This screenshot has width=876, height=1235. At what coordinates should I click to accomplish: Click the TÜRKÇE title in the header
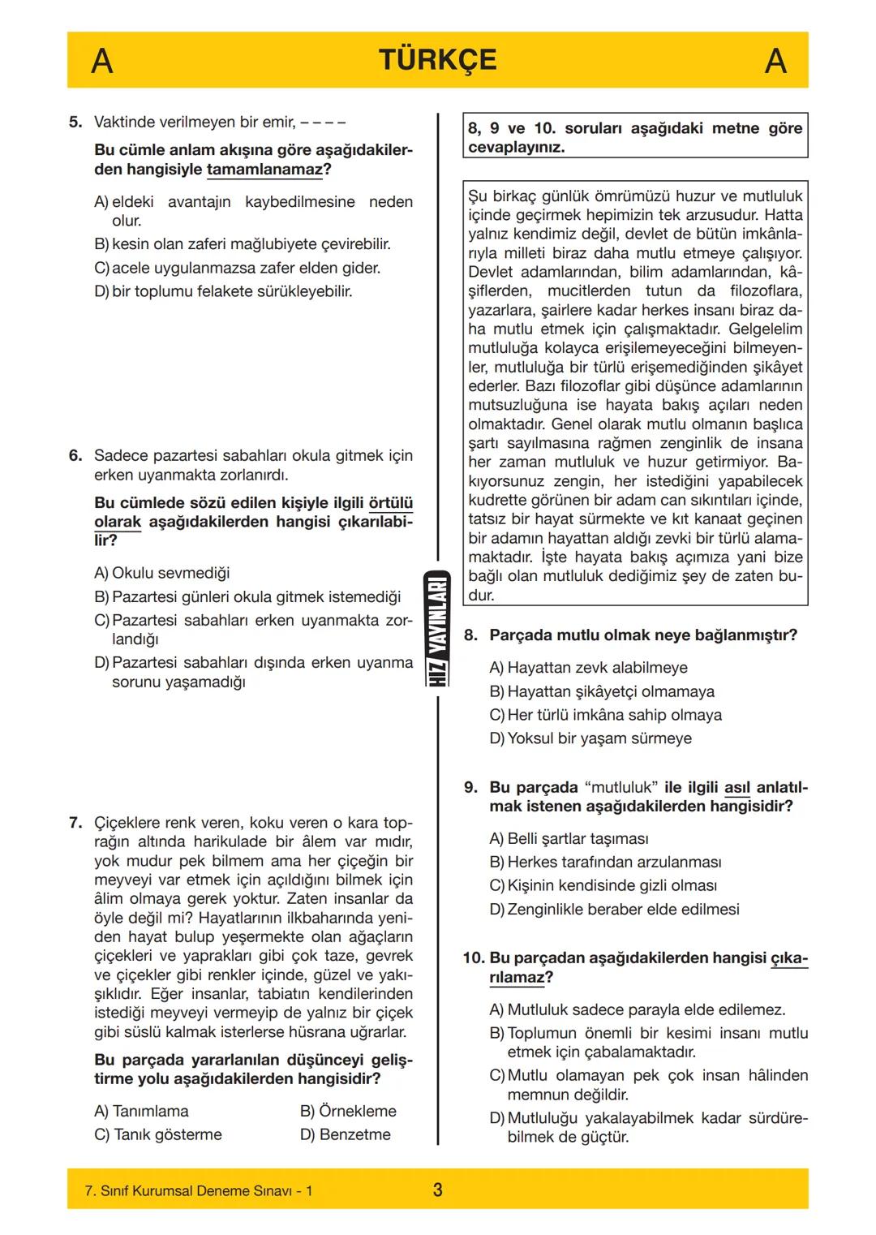click(x=437, y=60)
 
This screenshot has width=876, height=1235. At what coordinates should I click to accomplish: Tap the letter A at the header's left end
click(x=101, y=61)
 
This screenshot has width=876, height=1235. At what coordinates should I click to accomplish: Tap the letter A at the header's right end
click(x=775, y=61)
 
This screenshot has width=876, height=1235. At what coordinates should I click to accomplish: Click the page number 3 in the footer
click(x=437, y=1190)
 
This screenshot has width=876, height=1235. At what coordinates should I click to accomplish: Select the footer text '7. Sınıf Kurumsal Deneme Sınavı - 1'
click(x=199, y=1191)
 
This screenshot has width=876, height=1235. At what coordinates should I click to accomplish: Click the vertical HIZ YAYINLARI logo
click(x=437, y=629)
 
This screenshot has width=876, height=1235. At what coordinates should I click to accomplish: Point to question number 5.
click(x=75, y=123)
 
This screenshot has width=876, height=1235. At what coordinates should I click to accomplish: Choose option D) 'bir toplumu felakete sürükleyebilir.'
click(x=224, y=291)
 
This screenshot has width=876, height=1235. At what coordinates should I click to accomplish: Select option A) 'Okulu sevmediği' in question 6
click(x=162, y=573)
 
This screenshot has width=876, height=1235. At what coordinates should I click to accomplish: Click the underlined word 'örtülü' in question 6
click(x=391, y=503)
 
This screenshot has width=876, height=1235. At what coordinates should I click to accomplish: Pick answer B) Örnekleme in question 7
click(x=348, y=1111)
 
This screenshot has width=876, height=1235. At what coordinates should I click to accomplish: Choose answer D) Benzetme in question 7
click(x=346, y=1134)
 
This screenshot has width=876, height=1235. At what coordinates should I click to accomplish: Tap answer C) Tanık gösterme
click(x=158, y=1134)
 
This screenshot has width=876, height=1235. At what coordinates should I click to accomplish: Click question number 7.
click(x=75, y=823)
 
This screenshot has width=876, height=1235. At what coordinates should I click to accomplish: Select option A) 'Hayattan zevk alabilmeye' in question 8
click(x=588, y=668)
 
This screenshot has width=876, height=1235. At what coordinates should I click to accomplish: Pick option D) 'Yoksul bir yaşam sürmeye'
click(x=590, y=738)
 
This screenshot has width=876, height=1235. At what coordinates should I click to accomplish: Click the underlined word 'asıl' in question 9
click(x=736, y=788)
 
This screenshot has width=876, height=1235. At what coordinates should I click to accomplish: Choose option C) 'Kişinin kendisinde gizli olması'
click(x=603, y=885)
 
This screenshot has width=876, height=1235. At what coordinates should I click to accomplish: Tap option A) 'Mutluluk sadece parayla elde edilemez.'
click(x=638, y=1010)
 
